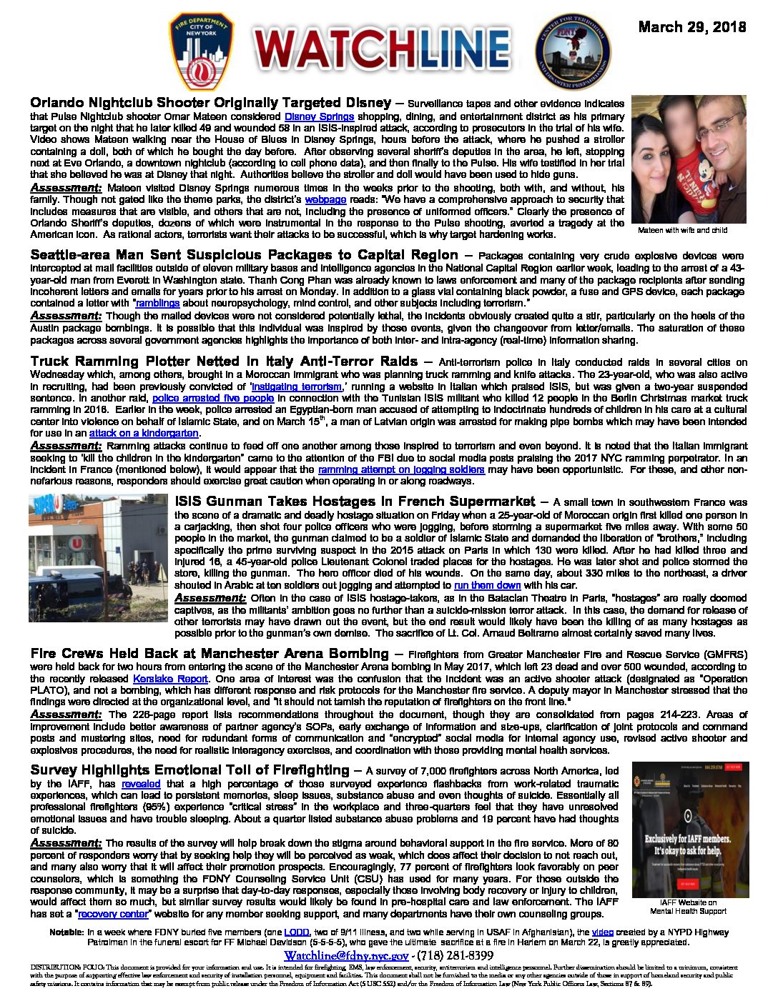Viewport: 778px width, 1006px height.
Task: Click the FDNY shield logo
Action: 201,51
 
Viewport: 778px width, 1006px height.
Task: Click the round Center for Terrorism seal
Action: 573,51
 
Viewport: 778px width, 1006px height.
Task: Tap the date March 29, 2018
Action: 691,27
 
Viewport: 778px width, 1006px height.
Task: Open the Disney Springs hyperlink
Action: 319,116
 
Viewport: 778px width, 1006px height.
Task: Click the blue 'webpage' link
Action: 325,199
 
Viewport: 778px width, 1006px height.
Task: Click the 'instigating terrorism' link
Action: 297,387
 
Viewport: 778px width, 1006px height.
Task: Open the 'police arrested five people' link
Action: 213,399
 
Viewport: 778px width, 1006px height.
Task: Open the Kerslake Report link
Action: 170,679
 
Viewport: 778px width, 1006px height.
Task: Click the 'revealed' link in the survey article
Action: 141,783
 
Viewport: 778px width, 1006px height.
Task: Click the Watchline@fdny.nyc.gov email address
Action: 346,956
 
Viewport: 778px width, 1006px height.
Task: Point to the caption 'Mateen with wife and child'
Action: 682,231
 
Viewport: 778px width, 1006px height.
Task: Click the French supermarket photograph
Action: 99,557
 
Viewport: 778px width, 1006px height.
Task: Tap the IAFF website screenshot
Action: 691,829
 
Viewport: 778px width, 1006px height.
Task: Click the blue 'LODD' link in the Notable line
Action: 296,932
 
